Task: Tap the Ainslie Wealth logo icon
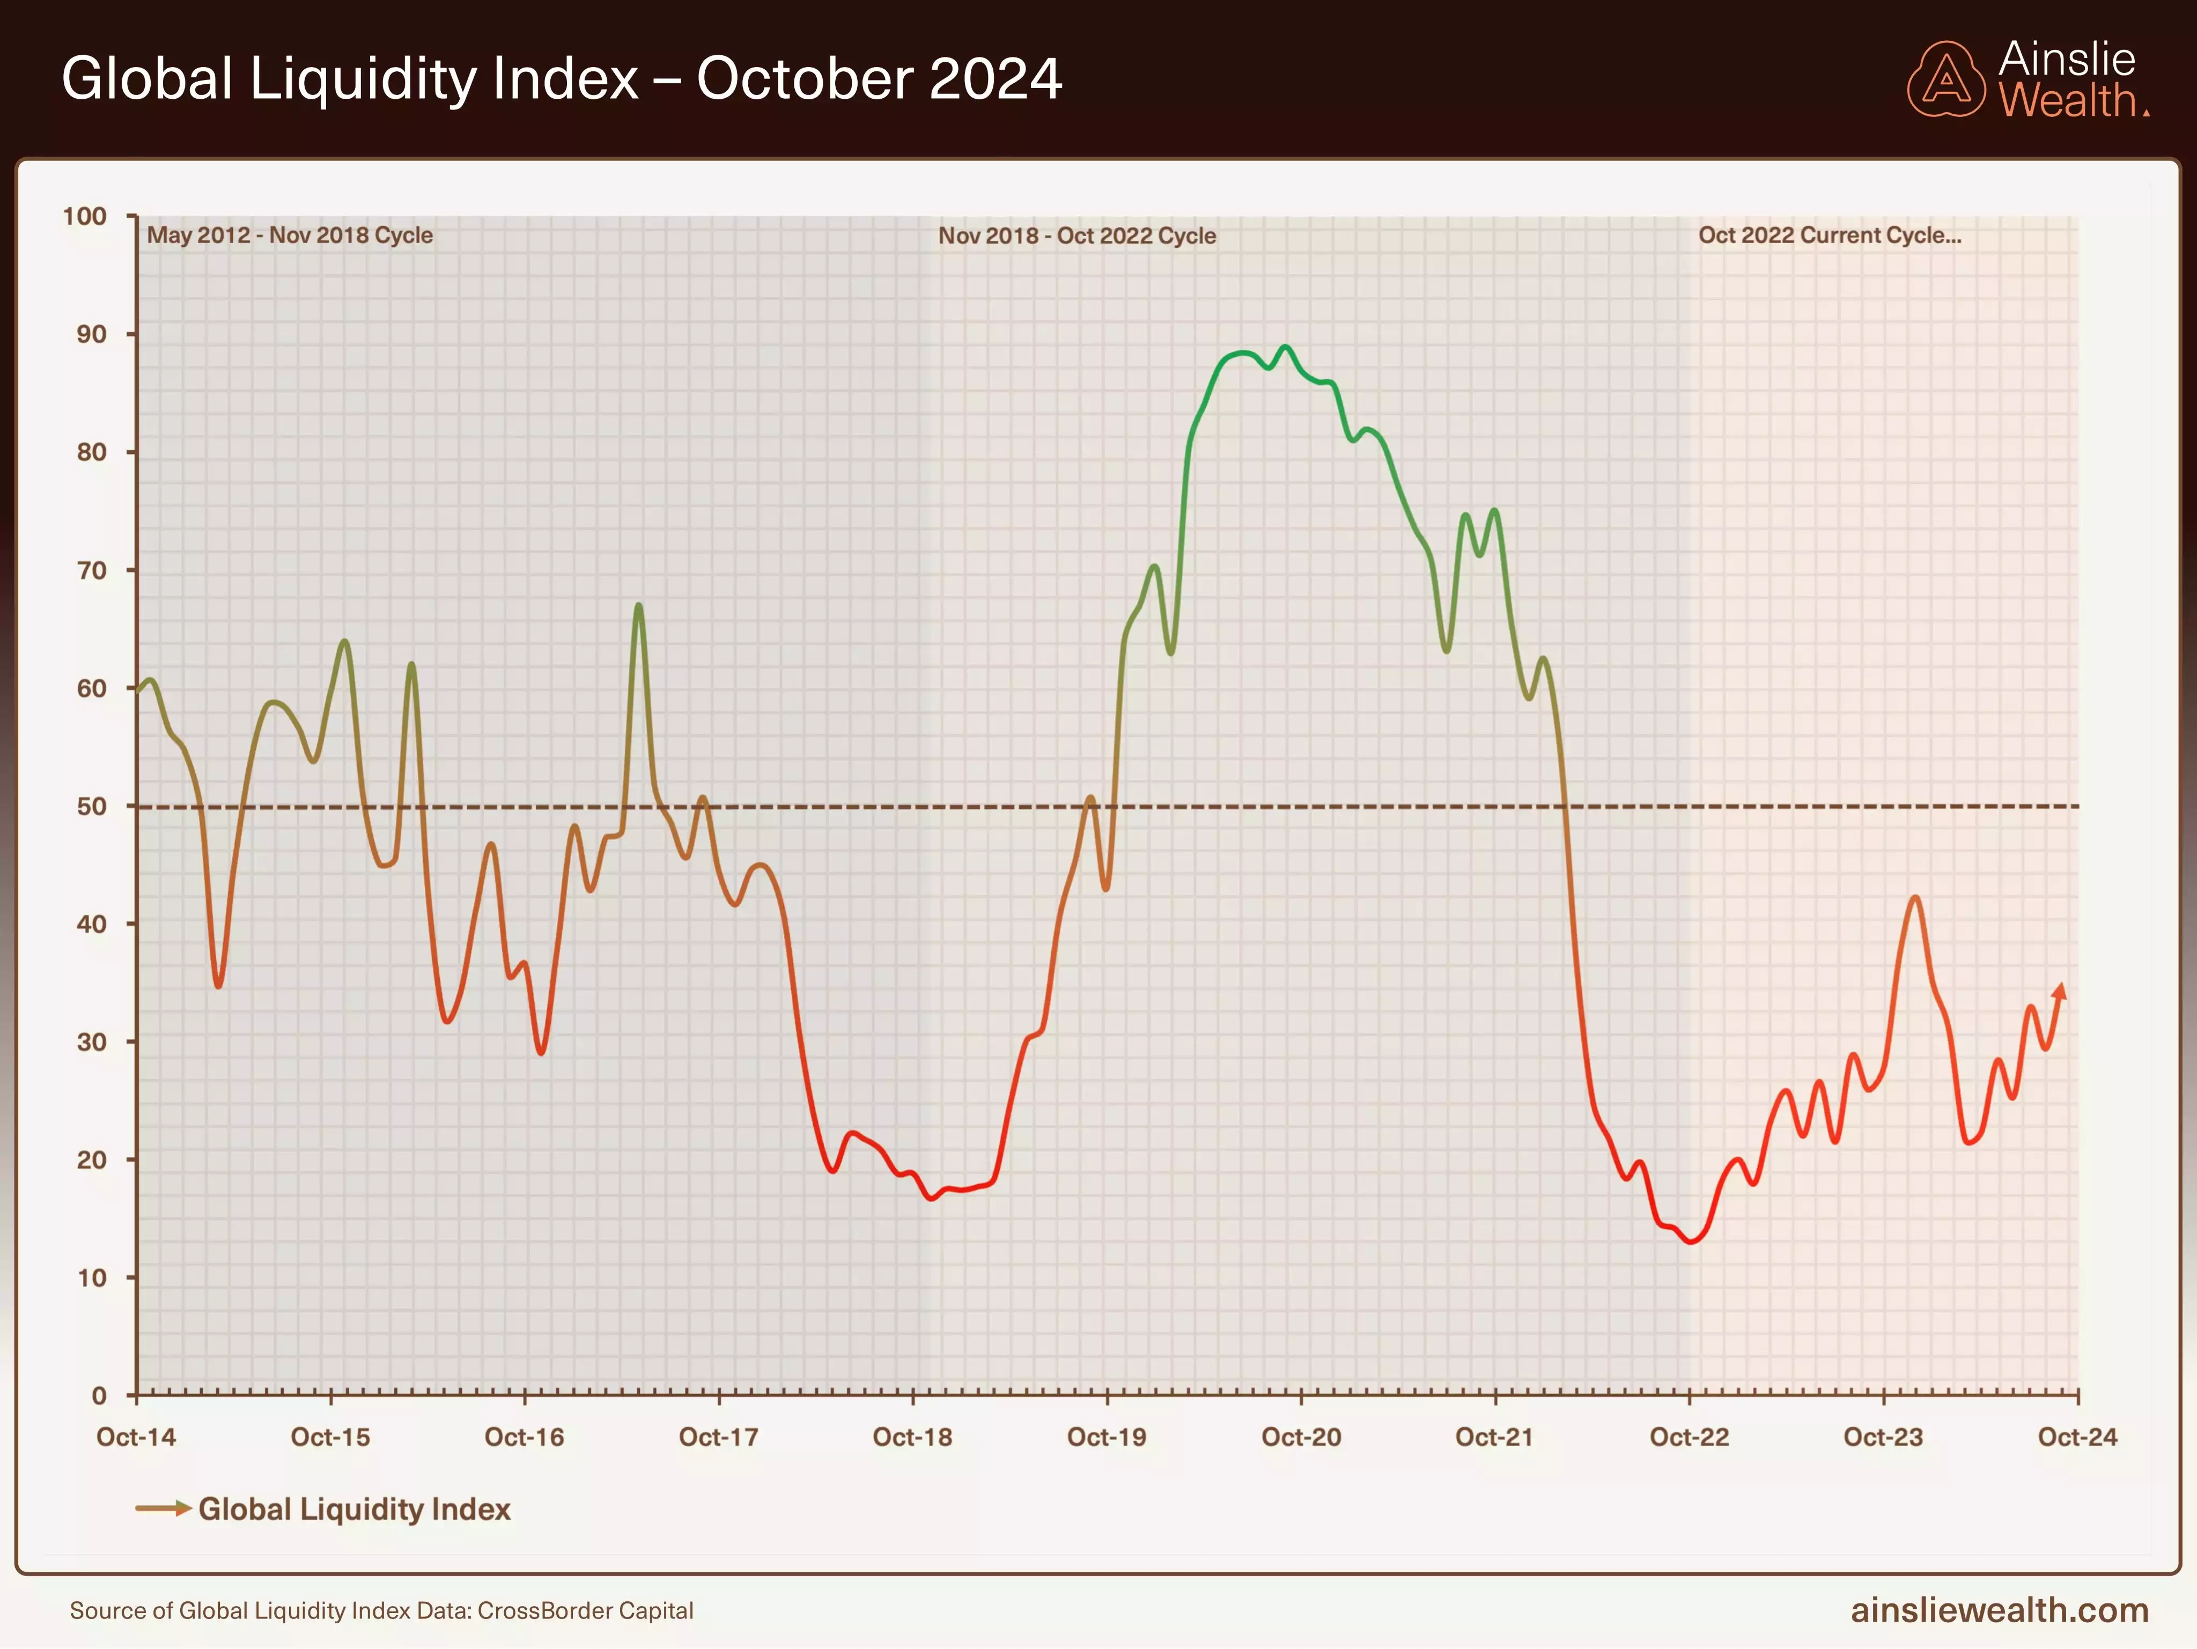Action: [1945, 79]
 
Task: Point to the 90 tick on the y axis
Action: [91, 335]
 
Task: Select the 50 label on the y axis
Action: [91, 807]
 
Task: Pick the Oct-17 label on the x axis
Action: [718, 1438]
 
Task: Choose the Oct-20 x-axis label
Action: [1301, 1438]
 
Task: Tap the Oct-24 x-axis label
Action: [2077, 1438]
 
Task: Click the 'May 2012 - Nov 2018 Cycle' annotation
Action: [290, 236]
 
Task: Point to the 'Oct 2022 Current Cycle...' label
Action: [1830, 236]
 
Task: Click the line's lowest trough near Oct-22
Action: [1691, 1241]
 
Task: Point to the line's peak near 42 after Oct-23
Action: [1915, 898]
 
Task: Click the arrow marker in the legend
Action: [164, 1509]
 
